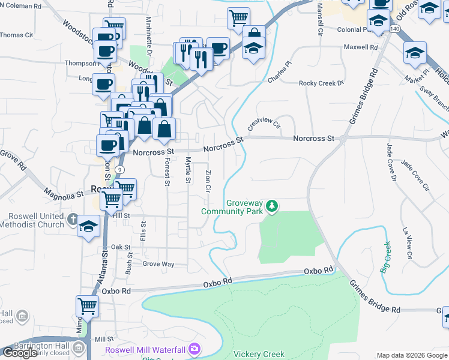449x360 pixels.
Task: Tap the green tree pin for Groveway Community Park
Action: pyautogui.click(x=273, y=207)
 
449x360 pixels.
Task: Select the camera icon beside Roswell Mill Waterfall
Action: pyautogui.click(x=194, y=349)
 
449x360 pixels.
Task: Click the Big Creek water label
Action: pyautogui.click(x=385, y=257)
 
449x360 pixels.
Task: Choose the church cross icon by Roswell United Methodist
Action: pyautogui.click(x=73, y=219)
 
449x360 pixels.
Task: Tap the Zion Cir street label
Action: pyautogui.click(x=208, y=180)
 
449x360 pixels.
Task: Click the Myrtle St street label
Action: pyautogui.click(x=188, y=170)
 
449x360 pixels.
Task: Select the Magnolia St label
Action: pyautogui.click(x=63, y=194)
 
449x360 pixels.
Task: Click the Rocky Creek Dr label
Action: pyautogui.click(x=321, y=83)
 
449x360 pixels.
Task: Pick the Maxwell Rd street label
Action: pyautogui.click(x=361, y=46)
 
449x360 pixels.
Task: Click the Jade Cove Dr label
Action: pyautogui.click(x=391, y=161)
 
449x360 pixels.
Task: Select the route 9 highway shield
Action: pyautogui.click(x=121, y=170)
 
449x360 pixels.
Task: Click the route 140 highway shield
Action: pyautogui.click(x=394, y=28)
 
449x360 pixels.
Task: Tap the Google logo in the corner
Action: pyautogui.click(x=20, y=352)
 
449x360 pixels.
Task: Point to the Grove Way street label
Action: pyautogui.click(x=158, y=263)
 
